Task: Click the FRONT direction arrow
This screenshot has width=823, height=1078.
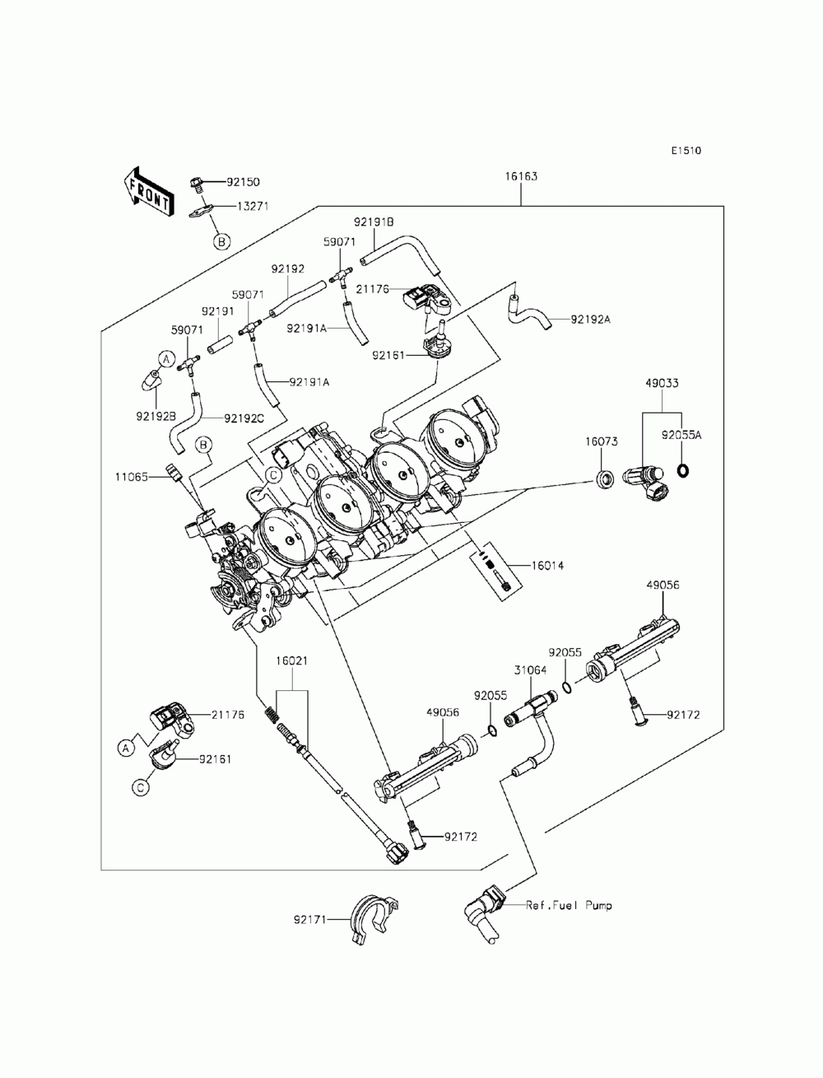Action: pos(147,191)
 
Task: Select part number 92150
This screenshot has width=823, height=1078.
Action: pos(243,182)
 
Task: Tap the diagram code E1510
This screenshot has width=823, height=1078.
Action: pos(686,151)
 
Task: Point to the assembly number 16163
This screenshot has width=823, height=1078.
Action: pos(521,176)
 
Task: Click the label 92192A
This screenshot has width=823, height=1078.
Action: pos(590,320)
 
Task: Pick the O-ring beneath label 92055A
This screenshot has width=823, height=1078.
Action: pos(681,471)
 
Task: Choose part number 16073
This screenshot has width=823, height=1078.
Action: pos(601,441)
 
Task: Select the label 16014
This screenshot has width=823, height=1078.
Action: pos(547,566)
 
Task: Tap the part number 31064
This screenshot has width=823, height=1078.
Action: pos(530,670)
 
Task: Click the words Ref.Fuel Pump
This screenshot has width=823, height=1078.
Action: pos(569,904)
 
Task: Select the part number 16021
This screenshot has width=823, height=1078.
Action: pos(291,661)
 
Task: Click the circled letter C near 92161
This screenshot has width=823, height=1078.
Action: pos(141,787)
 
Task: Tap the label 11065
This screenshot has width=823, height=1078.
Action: pos(131,477)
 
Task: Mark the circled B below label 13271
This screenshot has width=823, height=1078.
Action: pos(222,242)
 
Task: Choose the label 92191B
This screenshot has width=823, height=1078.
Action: pos(374,222)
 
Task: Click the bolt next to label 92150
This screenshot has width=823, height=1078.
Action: pos(195,183)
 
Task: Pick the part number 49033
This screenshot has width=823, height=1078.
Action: pos(662,383)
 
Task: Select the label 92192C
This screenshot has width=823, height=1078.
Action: pos(244,418)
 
